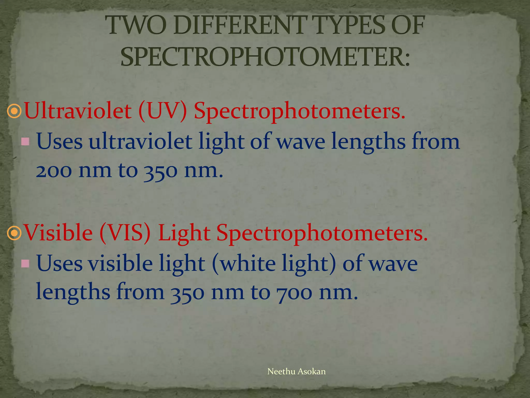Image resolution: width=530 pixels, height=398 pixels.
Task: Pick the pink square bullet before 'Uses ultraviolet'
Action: (x=25, y=141)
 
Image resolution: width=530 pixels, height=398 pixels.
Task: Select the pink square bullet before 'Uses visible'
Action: (x=25, y=264)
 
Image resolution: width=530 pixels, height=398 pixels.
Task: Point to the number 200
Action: (x=54, y=171)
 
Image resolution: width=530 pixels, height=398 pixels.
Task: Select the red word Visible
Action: (x=58, y=233)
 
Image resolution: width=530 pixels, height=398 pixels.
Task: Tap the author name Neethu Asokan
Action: (x=296, y=371)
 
